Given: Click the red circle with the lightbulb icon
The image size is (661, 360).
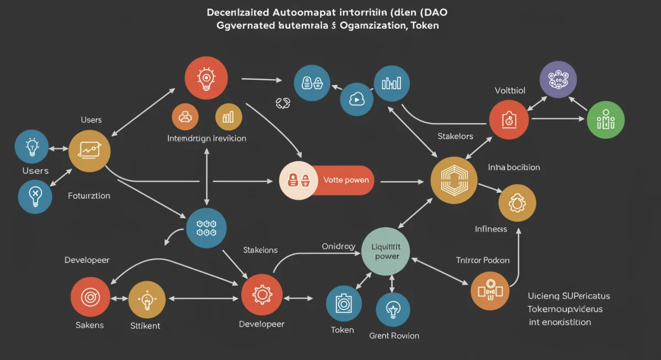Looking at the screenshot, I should [x=207, y=78].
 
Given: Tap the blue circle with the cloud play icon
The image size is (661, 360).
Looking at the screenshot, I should [x=356, y=99].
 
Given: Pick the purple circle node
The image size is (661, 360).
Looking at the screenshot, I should [x=558, y=80].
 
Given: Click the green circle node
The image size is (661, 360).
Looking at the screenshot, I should [x=605, y=119].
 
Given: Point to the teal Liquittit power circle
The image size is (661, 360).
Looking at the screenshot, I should [x=386, y=251].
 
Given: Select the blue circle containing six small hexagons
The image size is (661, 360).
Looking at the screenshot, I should [x=207, y=228].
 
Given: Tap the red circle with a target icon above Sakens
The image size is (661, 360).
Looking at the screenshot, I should [x=89, y=298].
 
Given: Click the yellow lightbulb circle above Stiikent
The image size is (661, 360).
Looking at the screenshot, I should [x=147, y=300].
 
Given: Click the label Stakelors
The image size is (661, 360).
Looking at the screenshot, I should [x=455, y=136].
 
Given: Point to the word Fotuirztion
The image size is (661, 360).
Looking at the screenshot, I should [x=89, y=195].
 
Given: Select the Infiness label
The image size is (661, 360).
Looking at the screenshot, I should [x=491, y=228].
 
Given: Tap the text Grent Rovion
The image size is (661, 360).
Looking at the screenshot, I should [x=394, y=335].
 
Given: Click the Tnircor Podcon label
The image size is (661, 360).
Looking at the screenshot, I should [x=483, y=260].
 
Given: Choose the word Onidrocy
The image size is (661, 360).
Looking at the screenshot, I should [x=338, y=247].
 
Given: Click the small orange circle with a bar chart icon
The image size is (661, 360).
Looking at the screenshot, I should [x=229, y=116].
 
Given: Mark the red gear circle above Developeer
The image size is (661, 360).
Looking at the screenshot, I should [x=262, y=296].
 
